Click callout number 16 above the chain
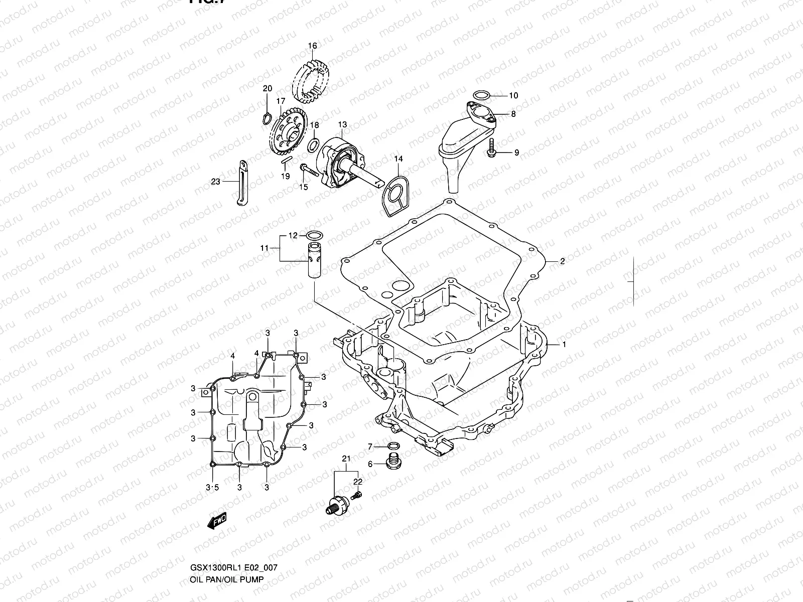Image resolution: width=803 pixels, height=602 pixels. (x=312, y=46)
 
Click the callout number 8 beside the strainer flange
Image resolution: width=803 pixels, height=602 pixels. (x=513, y=114)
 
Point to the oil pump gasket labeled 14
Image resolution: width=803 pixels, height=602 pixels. (x=394, y=196)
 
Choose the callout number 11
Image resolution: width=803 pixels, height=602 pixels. (x=264, y=248)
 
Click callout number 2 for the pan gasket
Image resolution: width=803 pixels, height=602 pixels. (x=563, y=261)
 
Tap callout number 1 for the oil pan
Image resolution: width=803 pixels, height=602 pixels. (x=564, y=345)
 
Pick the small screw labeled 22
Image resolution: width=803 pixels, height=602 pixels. (x=357, y=496)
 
